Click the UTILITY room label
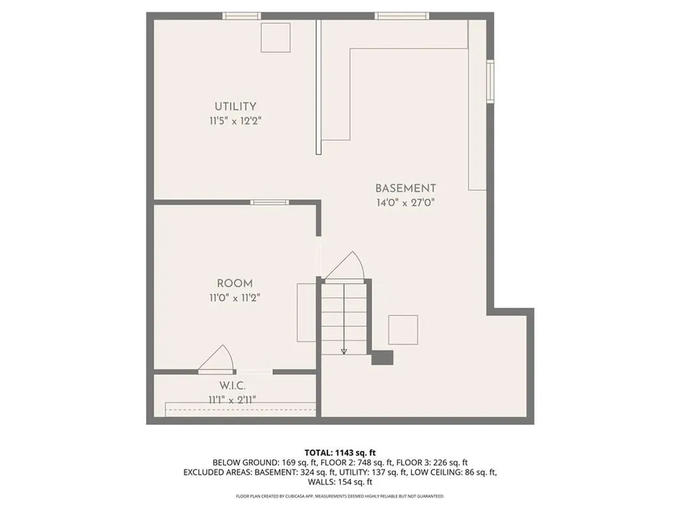[236, 106]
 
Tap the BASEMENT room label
[406, 188]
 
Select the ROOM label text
[234, 284]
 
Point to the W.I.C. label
[232, 385]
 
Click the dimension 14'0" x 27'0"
[406, 203]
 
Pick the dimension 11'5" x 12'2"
[236, 121]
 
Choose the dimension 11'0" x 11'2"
[234, 298]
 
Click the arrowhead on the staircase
[344, 352]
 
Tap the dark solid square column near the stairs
[382, 358]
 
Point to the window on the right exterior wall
[491, 81]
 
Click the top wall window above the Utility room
[242, 16]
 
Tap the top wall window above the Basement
[402, 16]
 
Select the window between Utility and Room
[270, 202]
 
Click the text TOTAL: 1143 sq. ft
[340, 453]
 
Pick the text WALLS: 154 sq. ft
[340, 482]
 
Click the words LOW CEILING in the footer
[435, 472]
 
